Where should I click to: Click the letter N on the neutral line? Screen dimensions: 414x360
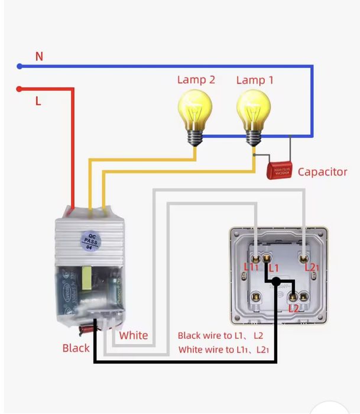coord(39,56)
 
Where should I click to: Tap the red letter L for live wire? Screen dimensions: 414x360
coord(38,101)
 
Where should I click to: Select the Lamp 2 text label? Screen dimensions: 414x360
coord(196,80)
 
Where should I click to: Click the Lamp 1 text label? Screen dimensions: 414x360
coord(255,80)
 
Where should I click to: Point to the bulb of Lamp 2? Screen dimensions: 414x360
coord(195,111)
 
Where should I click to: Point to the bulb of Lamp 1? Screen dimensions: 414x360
coord(254,111)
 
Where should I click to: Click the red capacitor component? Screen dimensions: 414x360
coord(280,170)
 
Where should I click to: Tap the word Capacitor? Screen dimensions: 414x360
coord(322,172)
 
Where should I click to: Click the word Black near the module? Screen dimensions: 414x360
coord(76,348)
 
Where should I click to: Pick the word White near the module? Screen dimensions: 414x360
coord(134,335)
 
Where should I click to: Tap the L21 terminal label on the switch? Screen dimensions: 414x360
coord(312,268)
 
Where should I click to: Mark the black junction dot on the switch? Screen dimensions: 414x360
coord(276,282)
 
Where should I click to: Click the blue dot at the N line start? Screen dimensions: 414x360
coord(20,66)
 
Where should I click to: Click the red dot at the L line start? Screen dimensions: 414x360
coord(20,89)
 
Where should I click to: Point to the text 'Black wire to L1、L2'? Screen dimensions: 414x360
coord(220,335)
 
